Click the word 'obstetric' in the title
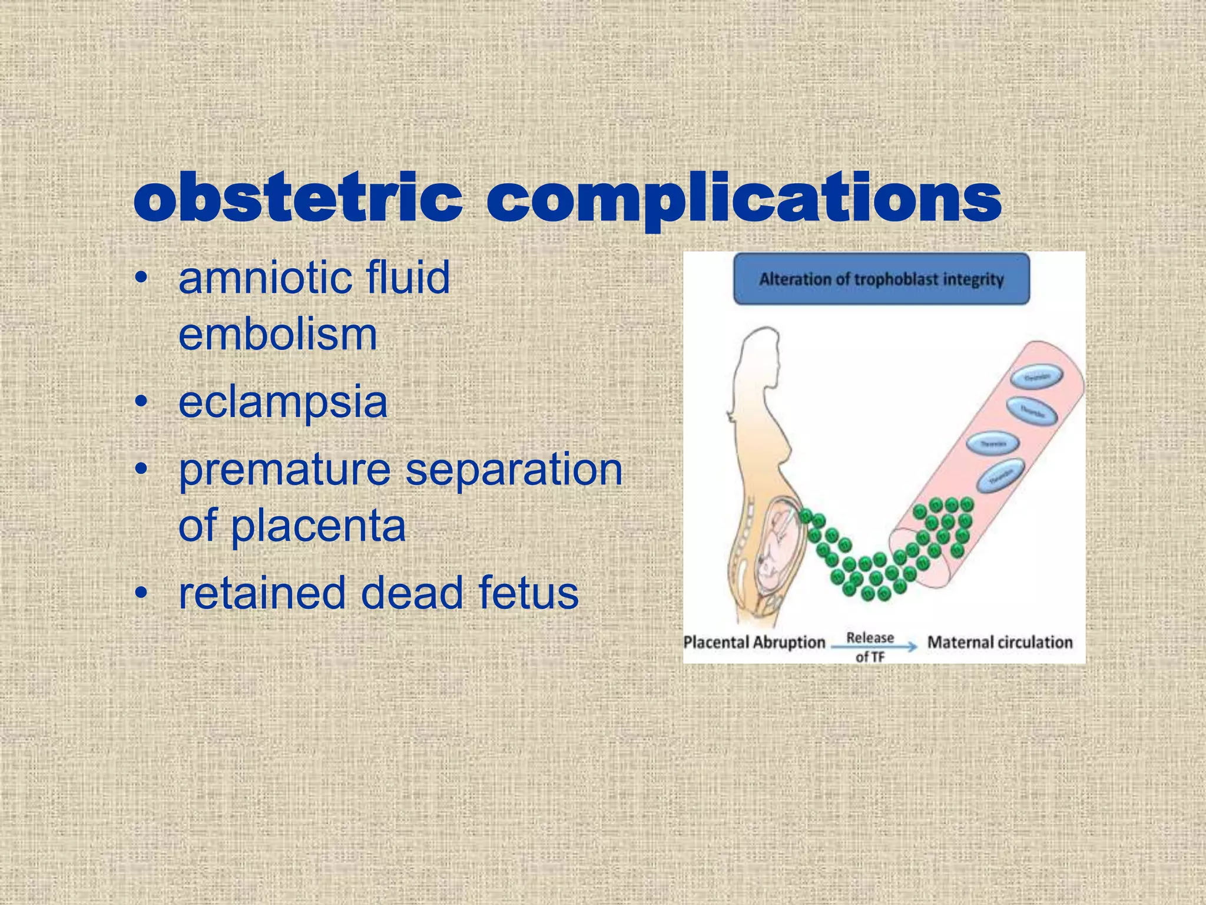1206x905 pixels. [297, 198]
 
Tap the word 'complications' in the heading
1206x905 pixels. [743, 199]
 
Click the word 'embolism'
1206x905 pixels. [277, 334]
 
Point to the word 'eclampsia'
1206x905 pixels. [283, 402]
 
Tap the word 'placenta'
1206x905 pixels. [318, 526]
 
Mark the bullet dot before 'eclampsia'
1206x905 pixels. [140, 402]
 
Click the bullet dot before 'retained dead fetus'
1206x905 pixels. [140, 593]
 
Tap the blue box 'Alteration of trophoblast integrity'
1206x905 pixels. [881, 279]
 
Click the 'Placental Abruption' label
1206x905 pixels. [754, 642]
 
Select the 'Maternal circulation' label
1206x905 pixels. [1000, 642]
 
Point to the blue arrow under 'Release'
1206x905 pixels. [874, 647]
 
